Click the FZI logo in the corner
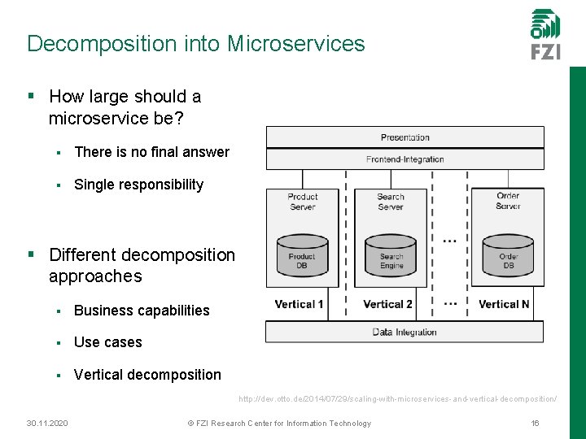coord(545,34)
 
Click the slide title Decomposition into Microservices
coord(195,43)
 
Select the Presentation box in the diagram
coord(405,137)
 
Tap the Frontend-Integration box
coord(405,159)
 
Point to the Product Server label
coord(302,201)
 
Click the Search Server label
coord(391,201)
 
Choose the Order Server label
coord(508,201)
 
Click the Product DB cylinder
coord(302,256)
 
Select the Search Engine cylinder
coord(391,256)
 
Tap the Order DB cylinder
coord(508,256)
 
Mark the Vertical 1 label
coord(299,304)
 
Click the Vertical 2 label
coord(387,304)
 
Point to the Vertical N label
coord(504,304)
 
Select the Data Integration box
coord(405,332)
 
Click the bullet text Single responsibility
coord(138,185)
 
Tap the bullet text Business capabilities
coord(142,311)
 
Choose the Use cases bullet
coord(107,342)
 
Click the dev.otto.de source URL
coord(397,399)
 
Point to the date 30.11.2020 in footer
coord(46,423)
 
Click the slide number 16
coord(535,423)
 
